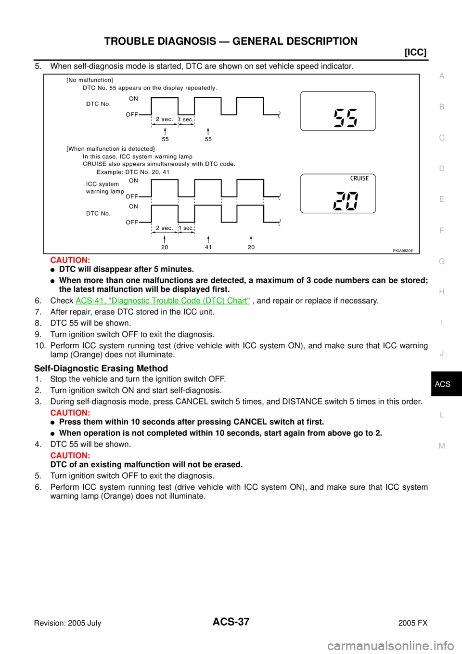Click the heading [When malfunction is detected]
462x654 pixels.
click(110, 149)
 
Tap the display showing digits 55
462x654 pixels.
click(338, 111)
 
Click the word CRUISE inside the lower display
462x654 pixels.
click(359, 179)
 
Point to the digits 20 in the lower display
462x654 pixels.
click(346, 201)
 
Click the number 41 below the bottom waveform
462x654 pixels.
click(208, 247)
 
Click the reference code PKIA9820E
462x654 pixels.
click(402, 250)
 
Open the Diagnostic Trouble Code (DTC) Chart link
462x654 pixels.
click(163, 301)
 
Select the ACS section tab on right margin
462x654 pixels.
click(442, 384)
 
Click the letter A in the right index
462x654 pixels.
click(442, 76)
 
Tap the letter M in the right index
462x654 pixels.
click(442, 446)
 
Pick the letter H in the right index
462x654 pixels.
click(442, 292)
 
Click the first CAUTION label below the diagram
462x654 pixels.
click(70, 261)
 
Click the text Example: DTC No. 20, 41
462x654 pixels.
click(133, 172)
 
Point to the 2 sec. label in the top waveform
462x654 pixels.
click(164, 119)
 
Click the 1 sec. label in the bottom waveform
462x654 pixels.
click(186, 228)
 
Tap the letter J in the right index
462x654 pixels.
click(442, 353)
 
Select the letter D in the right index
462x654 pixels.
click(442, 169)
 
